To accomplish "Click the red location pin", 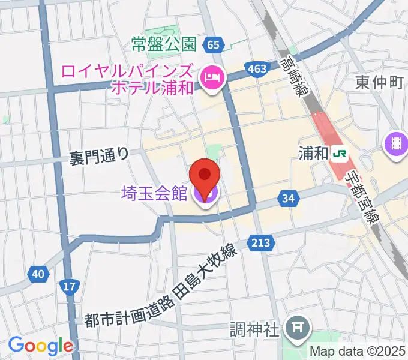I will (205, 176).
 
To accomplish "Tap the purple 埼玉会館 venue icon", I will (205, 194).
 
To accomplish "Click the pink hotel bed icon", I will (212, 77).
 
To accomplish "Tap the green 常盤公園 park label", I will (164, 44).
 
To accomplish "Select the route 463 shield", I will (257, 69).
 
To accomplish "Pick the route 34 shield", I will (289, 198).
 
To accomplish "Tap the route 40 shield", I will (38, 274).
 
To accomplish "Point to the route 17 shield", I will (70, 287).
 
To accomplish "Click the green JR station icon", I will (340, 154).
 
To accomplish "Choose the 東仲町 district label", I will (379, 82).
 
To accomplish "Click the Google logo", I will (40, 346).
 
